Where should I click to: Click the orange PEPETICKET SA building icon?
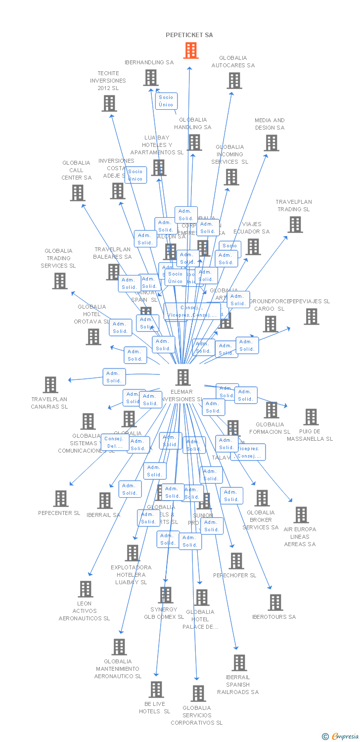coord(191,50)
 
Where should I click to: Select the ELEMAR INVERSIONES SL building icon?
coord(183,377)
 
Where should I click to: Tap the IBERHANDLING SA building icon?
coord(151,78)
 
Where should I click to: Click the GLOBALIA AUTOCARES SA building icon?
coord(234,81)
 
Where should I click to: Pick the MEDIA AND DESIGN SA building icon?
coord(271,143)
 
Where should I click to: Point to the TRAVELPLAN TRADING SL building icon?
coord(295,225)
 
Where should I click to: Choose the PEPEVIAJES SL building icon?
coord(311,317)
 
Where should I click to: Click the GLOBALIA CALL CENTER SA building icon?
coord(77,193)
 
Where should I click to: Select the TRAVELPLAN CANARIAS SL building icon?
coord(50,385)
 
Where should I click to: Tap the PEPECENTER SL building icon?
coord(61,499)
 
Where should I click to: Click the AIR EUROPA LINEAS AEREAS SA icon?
coord(301,515)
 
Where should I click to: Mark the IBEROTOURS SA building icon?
coord(275,603)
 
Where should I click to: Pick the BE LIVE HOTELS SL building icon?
coord(156,690)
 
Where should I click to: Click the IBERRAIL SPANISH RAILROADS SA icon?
coord(239,663)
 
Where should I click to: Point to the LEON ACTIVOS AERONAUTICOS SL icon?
coord(86,589)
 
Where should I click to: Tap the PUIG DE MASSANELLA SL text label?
coord(310,435)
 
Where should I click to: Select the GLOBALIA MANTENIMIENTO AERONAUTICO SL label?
coord(118,669)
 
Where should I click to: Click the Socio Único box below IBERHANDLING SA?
coord(166,101)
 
